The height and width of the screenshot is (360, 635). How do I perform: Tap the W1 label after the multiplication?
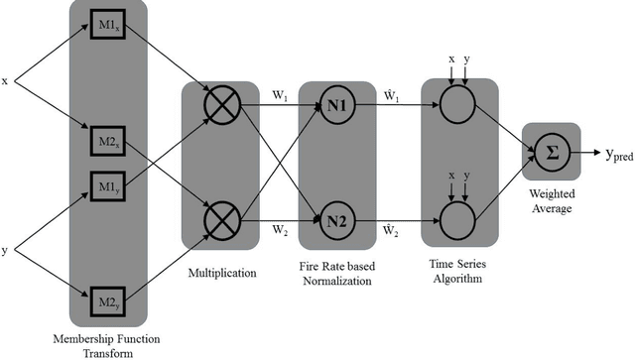pyautogui.click(x=279, y=97)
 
